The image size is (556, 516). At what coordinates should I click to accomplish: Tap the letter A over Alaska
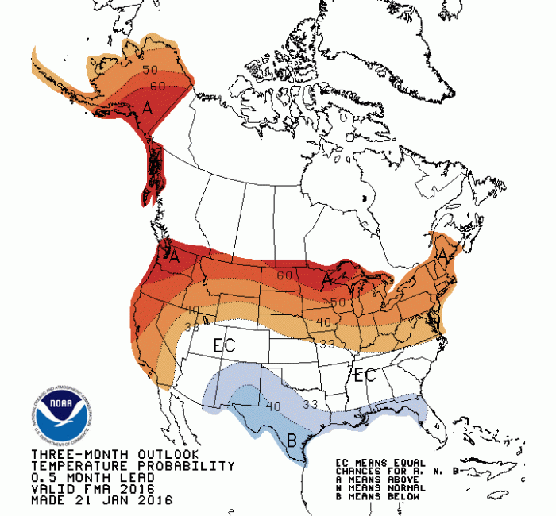click(x=147, y=109)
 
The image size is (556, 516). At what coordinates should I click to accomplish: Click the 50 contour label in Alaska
click(x=150, y=70)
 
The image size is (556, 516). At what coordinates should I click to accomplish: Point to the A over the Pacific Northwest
click(x=174, y=256)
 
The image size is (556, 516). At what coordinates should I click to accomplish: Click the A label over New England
click(x=442, y=254)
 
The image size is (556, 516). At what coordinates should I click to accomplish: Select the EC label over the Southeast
click(x=365, y=375)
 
